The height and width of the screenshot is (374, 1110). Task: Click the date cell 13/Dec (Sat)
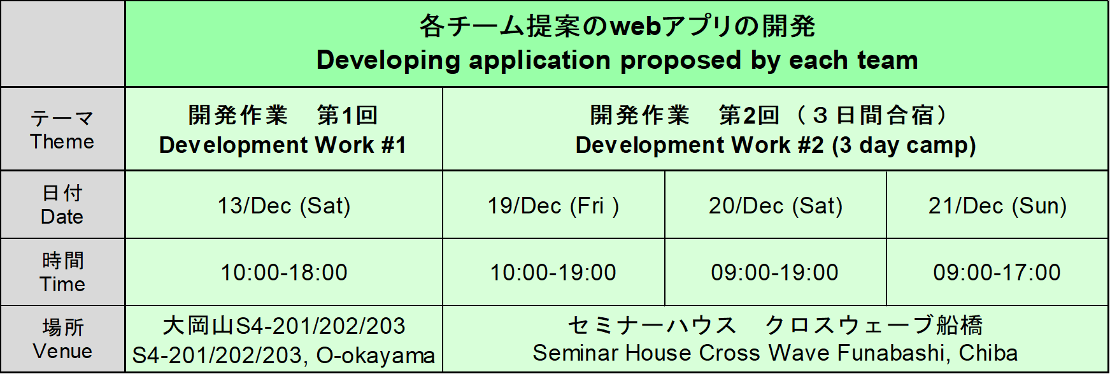[284, 206]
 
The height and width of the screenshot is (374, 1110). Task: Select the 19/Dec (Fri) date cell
[553, 206]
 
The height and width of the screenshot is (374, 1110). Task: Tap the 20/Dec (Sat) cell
[775, 206]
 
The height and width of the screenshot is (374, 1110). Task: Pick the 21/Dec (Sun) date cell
[997, 206]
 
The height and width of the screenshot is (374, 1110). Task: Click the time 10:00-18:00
[284, 273]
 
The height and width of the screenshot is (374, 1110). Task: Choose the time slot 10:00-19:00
[553, 273]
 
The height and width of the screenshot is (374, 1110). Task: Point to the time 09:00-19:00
[775, 273]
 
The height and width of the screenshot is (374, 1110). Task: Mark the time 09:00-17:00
[997, 273]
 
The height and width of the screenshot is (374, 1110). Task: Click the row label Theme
[62, 141]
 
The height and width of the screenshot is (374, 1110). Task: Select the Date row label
[62, 217]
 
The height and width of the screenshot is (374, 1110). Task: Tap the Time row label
[62, 284]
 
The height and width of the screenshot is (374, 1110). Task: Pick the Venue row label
[62, 351]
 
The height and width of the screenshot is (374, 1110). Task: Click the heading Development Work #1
[283, 145]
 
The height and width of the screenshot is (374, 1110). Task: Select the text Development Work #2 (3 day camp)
[775, 145]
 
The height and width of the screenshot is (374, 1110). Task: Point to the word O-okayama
[375, 356]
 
